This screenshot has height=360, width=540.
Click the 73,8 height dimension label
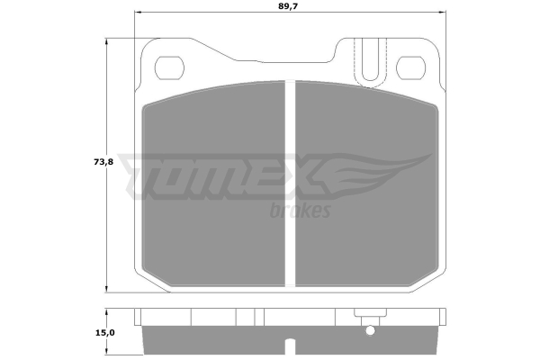(103, 162)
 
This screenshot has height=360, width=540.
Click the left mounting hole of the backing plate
(169, 67)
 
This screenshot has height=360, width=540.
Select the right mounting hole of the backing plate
(410, 67)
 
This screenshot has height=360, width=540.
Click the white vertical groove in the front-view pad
(290, 184)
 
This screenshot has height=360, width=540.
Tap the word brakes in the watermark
(300, 210)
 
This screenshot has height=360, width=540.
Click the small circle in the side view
(370, 331)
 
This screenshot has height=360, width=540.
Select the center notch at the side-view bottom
(290, 346)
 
